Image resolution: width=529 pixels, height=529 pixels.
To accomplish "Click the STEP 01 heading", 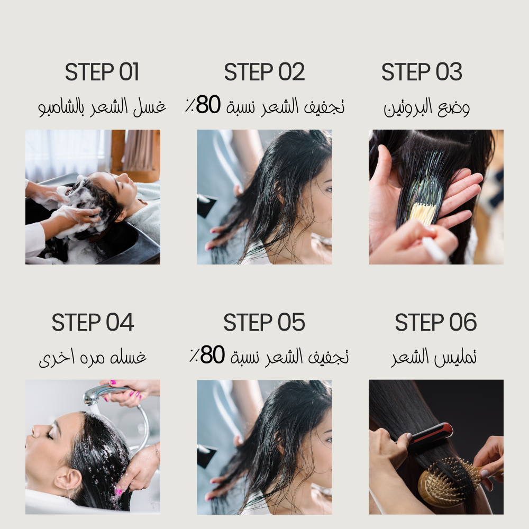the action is click(102, 72).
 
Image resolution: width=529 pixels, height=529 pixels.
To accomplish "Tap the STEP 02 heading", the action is click(264, 72).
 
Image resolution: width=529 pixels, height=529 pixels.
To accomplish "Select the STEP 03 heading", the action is click(422, 72).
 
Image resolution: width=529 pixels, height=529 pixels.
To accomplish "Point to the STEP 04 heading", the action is click(93, 322).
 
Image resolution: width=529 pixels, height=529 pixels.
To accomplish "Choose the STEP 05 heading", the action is click(264, 322).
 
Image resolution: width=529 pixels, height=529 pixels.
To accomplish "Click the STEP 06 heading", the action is click(436, 322).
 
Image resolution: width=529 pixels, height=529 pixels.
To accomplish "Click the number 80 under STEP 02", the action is click(208, 105).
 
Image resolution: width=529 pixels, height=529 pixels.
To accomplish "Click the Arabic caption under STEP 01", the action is click(102, 107).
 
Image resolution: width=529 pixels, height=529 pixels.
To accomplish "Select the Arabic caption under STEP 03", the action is click(427, 107).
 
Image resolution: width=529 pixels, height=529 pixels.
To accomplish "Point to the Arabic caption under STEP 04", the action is click(93, 358).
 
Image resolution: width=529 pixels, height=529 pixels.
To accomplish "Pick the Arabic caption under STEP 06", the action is click(434, 358).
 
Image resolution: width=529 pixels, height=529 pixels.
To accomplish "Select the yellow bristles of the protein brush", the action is click(422, 214).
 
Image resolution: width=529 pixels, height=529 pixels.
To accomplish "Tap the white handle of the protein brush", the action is click(434, 249).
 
